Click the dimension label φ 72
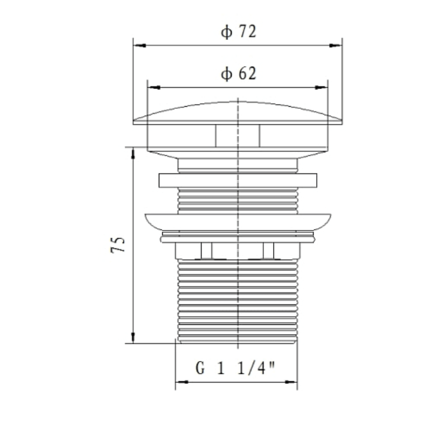click(x=238, y=32)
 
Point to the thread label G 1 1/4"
click(x=235, y=369)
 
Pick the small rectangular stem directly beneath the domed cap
click(x=238, y=135)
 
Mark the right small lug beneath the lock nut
click(x=268, y=251)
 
